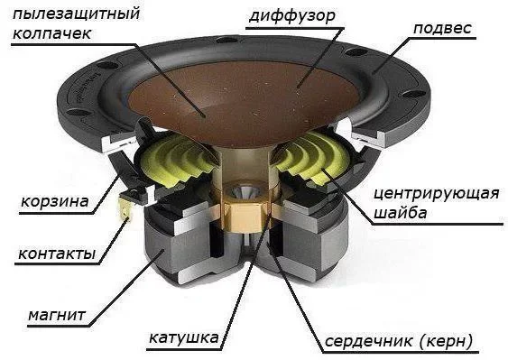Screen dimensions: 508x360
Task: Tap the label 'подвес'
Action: [x=442, y=27]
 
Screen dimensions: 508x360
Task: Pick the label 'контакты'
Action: [x=56, y=254]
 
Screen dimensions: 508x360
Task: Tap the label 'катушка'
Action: [x=184, y=338]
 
